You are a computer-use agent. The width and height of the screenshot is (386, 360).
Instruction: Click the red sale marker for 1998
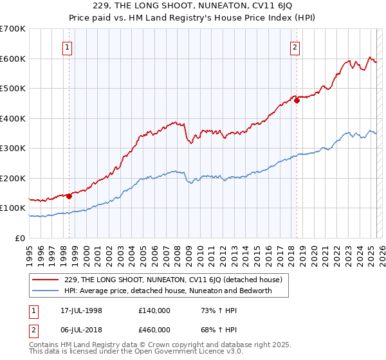(x=69, y=197)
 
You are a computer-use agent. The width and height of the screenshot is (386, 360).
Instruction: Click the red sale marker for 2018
(x=297, y=100)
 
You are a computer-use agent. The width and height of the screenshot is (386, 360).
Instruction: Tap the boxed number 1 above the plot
(x=68, y=46)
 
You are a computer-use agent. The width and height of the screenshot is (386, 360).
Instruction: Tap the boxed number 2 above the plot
(x=295, y=46)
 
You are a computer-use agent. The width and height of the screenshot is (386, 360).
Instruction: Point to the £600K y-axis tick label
(x=13, y=59)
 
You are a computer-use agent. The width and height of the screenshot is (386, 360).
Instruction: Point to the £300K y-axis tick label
(x=13, y=148)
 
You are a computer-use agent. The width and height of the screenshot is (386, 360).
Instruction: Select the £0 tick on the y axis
(x=21, y=238)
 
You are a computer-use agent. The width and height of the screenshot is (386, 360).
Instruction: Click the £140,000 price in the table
(x=154, y=310)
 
